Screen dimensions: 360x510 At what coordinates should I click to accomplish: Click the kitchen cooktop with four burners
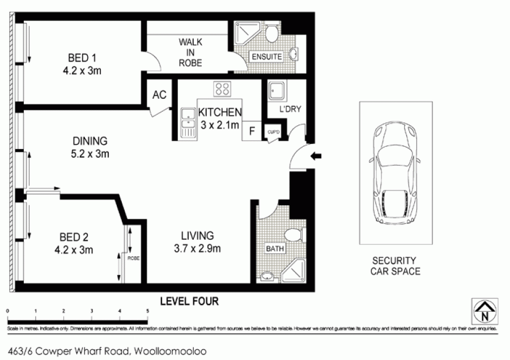(x=222, y=89)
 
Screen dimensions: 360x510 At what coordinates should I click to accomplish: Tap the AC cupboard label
(x=160, y=95)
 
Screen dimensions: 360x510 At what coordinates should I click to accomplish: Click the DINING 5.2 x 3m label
(x=90, y=147)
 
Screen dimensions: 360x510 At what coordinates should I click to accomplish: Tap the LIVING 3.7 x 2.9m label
(x=197, y=242)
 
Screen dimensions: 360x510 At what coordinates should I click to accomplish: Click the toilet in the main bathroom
(x=293, y=235)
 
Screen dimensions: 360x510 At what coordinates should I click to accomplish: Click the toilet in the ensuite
(x=271, y=33)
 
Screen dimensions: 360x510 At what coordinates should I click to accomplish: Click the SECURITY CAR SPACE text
(x=395, y=266)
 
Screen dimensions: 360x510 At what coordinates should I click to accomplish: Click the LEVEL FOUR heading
(x=189, y=300)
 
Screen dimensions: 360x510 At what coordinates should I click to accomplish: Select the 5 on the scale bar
(x=147, y=311)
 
